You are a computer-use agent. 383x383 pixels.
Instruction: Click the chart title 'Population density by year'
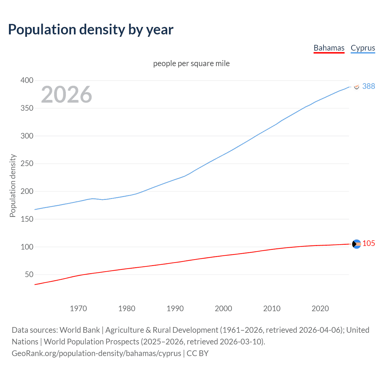pos(91,30)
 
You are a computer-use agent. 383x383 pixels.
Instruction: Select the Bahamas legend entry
pos(329,48)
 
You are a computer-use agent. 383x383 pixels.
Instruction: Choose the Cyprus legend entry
pos(363,48)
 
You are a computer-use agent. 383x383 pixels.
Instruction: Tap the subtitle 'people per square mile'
pos(191,63)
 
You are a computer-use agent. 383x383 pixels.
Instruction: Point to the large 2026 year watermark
pos(66,95)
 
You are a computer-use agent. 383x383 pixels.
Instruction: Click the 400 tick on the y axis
pos(27,80)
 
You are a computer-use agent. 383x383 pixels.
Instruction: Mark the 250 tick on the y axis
pos(27,164)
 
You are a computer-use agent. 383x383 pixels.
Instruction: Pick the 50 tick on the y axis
pos(29,274)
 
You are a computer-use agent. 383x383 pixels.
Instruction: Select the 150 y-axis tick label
pos(27,219)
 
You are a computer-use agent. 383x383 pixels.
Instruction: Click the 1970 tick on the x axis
pos(78,308)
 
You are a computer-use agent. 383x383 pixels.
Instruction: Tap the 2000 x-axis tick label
pos(223,308)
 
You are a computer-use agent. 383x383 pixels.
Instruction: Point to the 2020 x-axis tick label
pos(320,308)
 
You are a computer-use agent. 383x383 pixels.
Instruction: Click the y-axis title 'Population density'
pos(13,186)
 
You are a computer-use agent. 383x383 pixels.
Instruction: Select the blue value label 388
pos(368,86)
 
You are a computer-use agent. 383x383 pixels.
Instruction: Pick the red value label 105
pos(368,243)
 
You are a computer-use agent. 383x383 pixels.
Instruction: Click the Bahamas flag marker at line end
pos(356,244)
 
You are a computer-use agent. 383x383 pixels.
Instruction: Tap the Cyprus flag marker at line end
pos(356,86)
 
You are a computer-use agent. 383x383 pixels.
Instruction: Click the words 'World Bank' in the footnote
pos(80,330)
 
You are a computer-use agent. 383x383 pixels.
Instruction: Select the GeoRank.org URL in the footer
pos(96,353)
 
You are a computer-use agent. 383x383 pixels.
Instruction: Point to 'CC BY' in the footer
pos(197,353)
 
